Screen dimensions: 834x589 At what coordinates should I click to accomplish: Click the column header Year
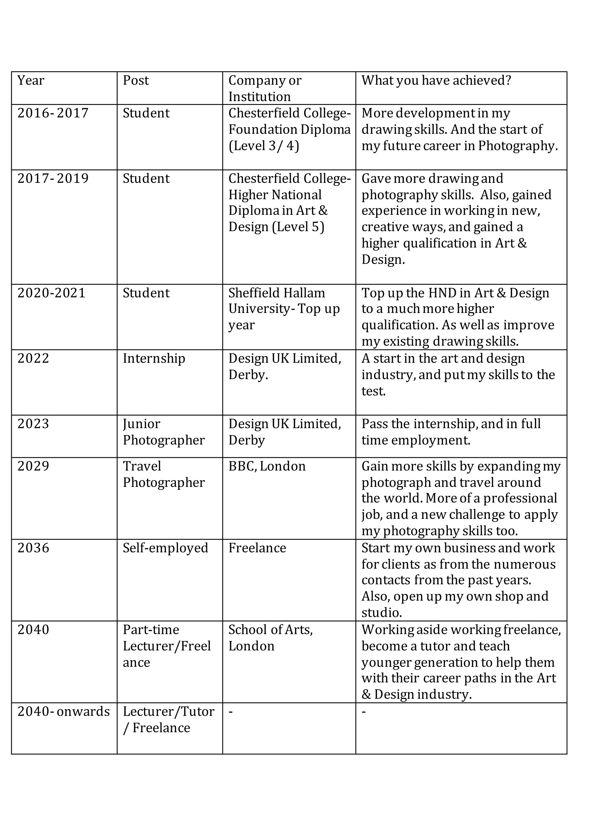31,81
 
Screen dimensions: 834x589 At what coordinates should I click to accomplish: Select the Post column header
135,81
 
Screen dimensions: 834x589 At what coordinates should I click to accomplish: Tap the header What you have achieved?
436,81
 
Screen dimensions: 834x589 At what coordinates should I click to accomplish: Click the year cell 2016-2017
53,113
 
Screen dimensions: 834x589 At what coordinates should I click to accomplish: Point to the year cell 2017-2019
53,179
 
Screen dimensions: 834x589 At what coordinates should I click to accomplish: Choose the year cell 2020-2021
51,293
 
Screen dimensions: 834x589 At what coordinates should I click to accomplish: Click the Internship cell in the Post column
154,359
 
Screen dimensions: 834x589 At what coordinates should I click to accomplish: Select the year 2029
33,466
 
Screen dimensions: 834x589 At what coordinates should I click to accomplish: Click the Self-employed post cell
165,548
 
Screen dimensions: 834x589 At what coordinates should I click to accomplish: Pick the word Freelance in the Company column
257,548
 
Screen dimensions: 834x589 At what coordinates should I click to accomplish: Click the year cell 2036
33,548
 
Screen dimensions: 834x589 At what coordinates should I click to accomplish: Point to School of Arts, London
270,638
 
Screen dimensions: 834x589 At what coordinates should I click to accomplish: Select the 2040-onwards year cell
64,711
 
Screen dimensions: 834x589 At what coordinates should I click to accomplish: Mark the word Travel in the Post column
142,466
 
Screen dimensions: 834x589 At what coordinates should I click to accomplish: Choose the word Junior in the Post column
141,424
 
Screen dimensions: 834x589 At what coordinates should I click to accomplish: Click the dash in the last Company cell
231,711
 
